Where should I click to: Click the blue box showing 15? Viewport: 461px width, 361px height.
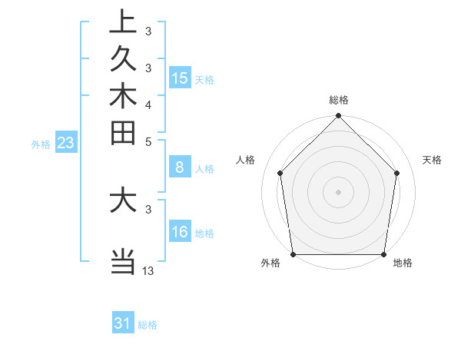(x=180, y=78)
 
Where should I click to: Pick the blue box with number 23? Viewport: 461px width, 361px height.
(x=66, y=142)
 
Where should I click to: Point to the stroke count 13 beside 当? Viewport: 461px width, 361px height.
(x=148, y=270)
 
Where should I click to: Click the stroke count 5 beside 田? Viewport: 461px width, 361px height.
(x=148, y=141)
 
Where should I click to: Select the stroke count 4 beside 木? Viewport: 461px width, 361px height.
(x=148, y=104)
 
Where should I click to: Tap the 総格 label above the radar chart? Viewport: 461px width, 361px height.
(x=339, y=101)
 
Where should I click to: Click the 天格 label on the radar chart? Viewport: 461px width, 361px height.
(x=433, y=160)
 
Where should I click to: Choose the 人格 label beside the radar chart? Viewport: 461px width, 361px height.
(x=245, y=160)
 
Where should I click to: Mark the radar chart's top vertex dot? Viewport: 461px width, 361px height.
(x=339, y=117)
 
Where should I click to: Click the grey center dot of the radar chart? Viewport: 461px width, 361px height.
(x=339, y=191)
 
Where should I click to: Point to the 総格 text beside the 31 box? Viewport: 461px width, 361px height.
(x=148, y=325)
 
